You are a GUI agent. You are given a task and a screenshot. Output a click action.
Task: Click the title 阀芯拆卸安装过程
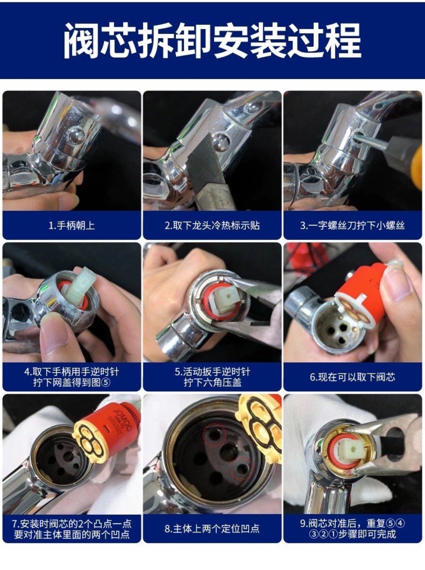[212, 41]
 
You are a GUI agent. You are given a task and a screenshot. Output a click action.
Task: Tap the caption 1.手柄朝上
[72, 225]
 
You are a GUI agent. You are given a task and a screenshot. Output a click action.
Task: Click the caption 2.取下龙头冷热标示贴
[212, 225]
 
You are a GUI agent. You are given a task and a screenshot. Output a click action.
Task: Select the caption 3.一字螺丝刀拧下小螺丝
[352, 225]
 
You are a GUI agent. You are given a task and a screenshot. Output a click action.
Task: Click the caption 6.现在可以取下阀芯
[352, 377]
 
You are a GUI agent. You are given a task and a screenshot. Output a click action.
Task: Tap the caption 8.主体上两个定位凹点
[212, 529]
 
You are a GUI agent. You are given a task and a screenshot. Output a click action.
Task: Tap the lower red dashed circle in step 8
[240, 469]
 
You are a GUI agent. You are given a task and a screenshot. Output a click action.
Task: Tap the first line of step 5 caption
[212, 372]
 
